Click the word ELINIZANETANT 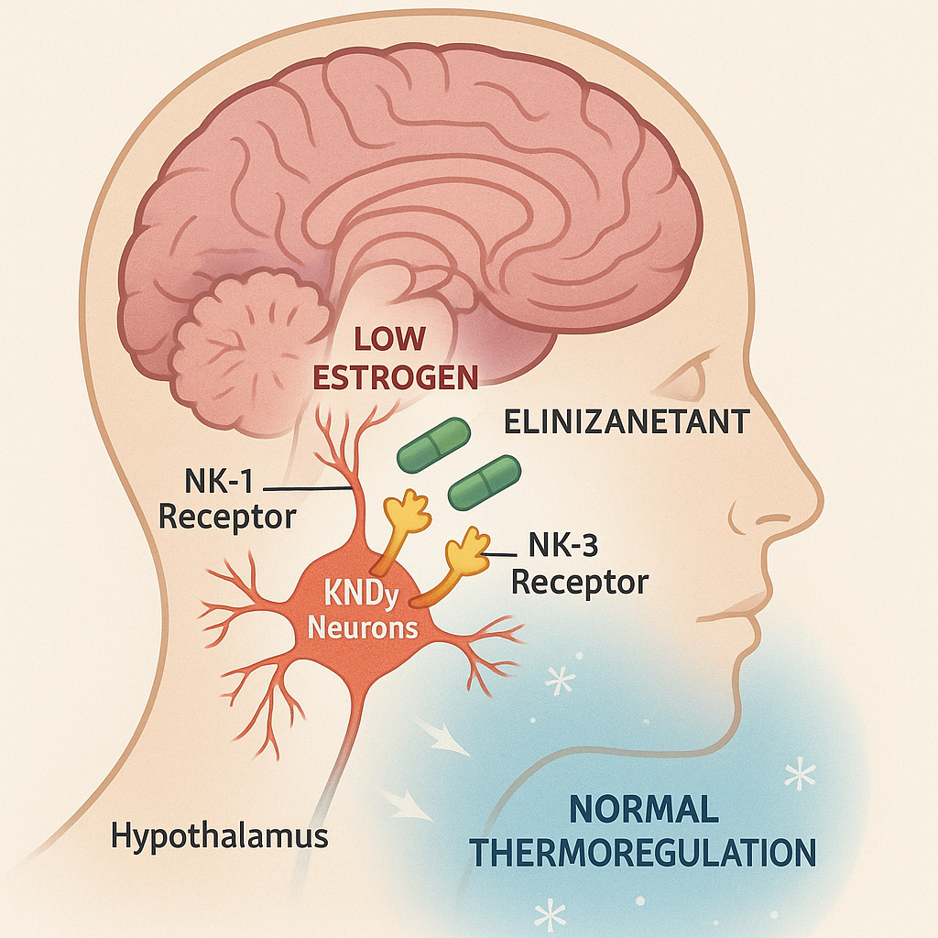pyautogui.click(x=627, y=421)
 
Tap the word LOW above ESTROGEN pyautogui.click(x=389, y=339)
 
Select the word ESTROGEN pyautogui.click(x=396, y=377)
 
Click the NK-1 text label pyautogui.click(x=219, y=481)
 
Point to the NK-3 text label pyautogui.click(x=563, y=545)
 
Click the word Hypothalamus pyautogui.click(x=220, y=836)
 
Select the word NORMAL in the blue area pyautogui.click(x=644, y=810)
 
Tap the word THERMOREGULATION pyautogui.click(x=643, y=853)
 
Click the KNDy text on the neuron pyautogui.click(x=361, y=594)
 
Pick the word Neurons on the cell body pyautogui.click(x=363, y=628)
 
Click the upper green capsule pyautogui.click(x=433, y=444)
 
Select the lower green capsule pyautogui.click(x=485, y=483)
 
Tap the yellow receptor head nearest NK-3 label pyautogui.click(x=468, y=551)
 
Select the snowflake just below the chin pyautogui.click(x=561, y=680)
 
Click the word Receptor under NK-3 pyautogui.click(x=580, y=583)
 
